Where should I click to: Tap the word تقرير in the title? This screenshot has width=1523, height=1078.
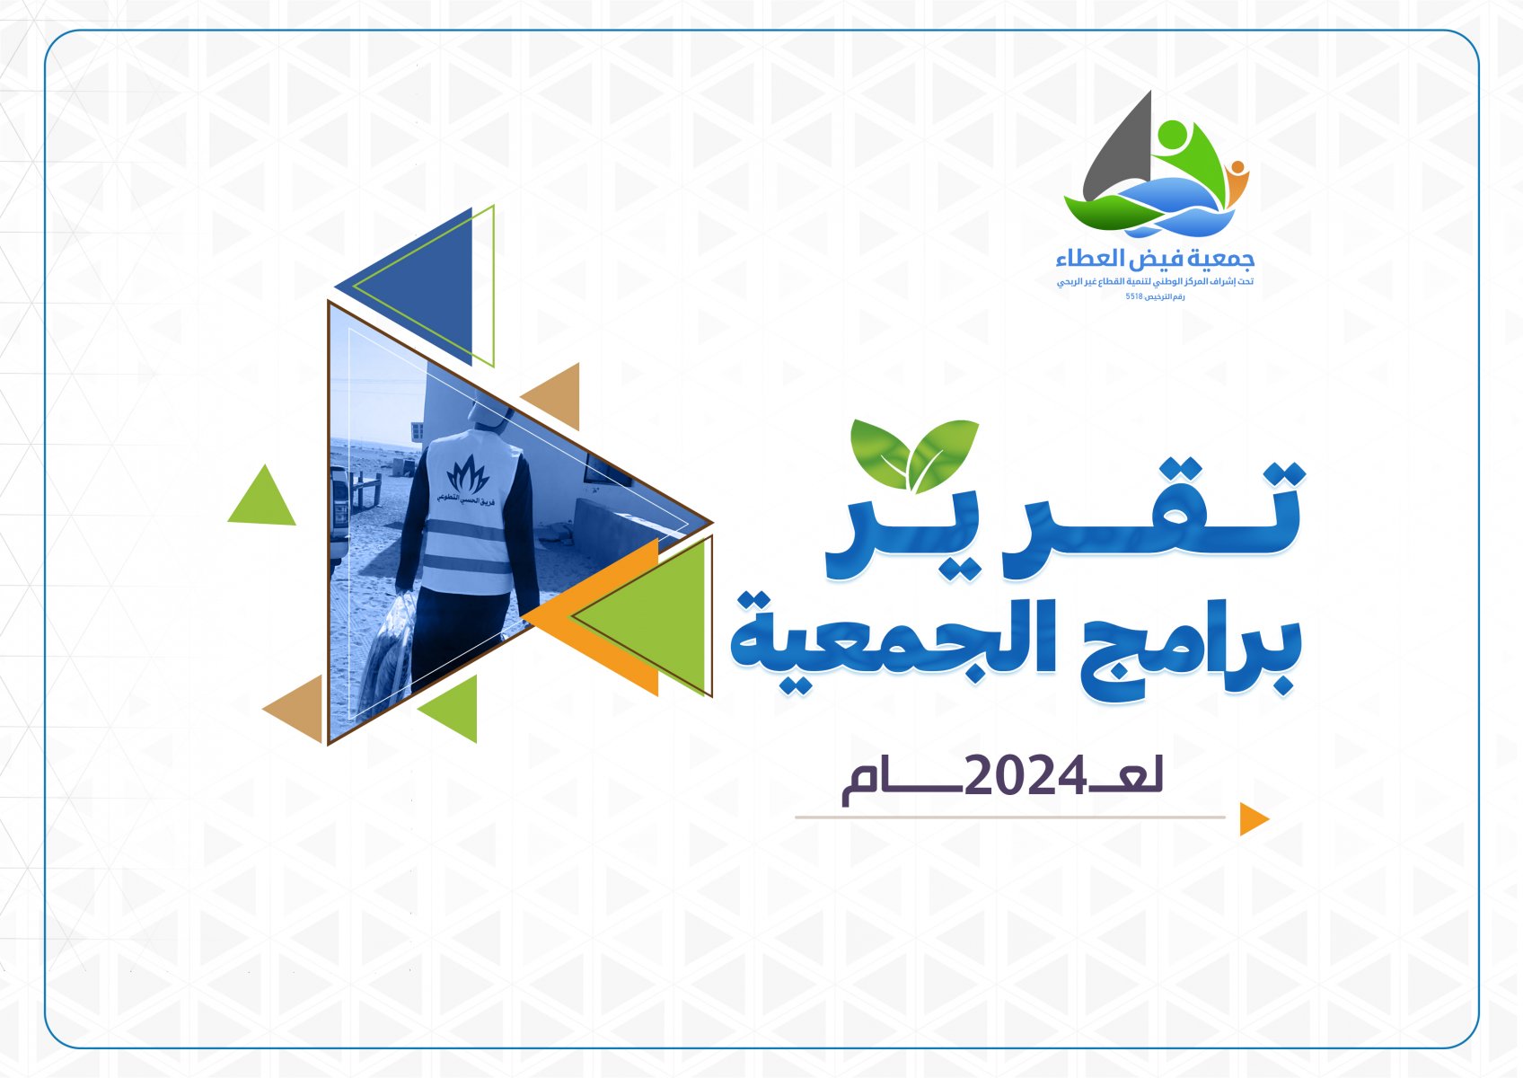tap(1065, 521)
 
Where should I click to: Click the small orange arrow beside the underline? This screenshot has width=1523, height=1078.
tap(1254, 819)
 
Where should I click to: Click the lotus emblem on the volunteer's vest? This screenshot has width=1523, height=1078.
tap(467, 474)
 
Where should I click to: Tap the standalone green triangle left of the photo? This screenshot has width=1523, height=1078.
tap(262, 496)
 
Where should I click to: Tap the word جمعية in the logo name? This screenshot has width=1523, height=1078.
tap(1225, 260)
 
